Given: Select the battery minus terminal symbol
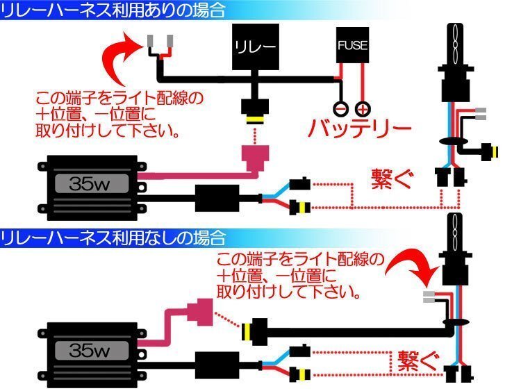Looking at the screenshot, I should point(340,108).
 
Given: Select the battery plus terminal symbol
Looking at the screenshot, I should point(362,108).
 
